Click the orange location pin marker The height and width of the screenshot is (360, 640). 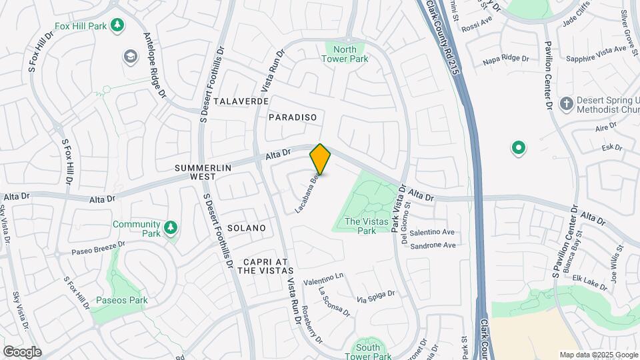[x=321, y=159]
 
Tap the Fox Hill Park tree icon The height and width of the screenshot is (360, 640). [x=117, y=25]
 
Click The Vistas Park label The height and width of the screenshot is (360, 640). [x=360, y=226]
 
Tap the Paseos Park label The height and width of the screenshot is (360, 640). [x=121, y=300]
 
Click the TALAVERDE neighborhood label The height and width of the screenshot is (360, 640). [x=241, y=101]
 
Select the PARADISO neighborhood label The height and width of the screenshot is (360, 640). [x=292, y=117]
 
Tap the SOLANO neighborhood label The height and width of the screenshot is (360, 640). [x=247, y=228]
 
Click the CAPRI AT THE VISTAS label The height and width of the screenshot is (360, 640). [x=265, y=265]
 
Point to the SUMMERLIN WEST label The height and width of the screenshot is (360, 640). [x=195, y=172]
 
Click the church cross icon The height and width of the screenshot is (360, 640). [x=566, y=104]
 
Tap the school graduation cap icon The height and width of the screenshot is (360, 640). [x=129, y=56]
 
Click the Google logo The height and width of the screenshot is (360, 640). [x=22, y=351]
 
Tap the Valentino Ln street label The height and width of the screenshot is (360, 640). [x=323, y=279]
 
